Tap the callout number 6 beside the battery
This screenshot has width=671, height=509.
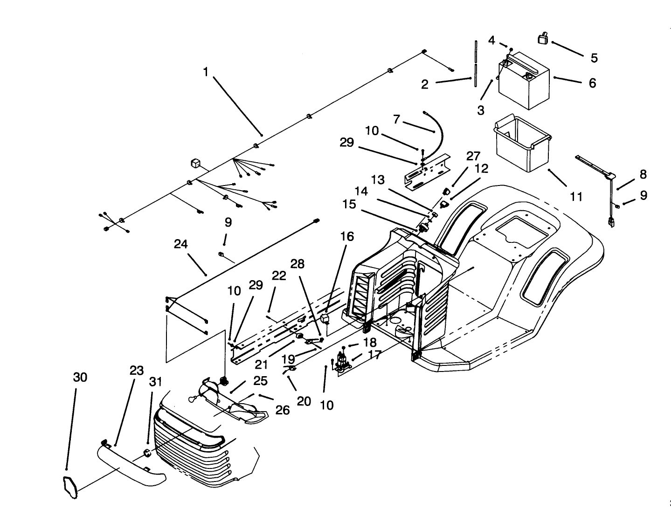pyautogui.click(x=592, y=83)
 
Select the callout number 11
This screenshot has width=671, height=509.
pyautogui.click(x=576, y=197)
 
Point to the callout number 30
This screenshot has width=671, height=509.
pyautogui.click(x=80, y=377)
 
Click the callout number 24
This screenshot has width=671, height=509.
pyautogui.click(x=181, y=244)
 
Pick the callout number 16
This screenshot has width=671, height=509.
pyautogui.click(x=347, y=236)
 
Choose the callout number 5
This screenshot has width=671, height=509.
pyautogui.click(x=594, y=58)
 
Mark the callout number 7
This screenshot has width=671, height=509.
pyautogui.click(x=397, y=119)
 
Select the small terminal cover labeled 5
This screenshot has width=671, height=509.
pyautogui.click(x=543, y=39)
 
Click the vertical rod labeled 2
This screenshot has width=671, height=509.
pyautogui.click(x=475, y=63)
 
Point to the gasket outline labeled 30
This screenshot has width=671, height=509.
pyautogui.click(x=70, y=485)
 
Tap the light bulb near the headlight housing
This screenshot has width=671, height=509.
pyautogui.click(x=193, y=399)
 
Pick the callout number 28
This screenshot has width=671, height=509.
pyautogui.click(x=297, y=264)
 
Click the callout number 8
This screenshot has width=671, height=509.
pyautogui.click(x=643, y=174)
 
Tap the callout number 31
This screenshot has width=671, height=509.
pyautogui.click(x=155, y=382)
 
